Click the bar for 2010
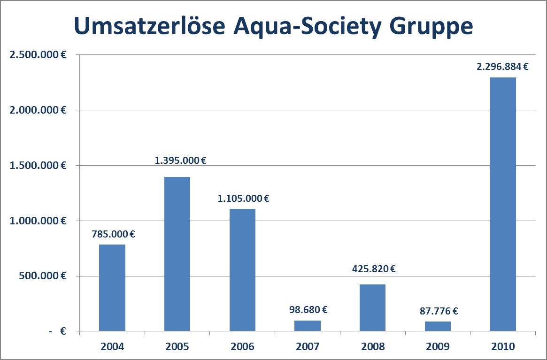(502, 205)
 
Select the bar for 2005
(177, 254)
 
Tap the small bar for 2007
(308, 326)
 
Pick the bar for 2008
(372, 308)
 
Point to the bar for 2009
(438, 327)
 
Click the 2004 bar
(112, 288)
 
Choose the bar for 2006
(242, 270)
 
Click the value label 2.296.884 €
(502, 67)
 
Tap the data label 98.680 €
(308, 310)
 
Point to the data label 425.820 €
(373, 269)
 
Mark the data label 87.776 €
(438, 311)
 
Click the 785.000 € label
(114, 234)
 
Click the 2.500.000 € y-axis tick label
(37, 54)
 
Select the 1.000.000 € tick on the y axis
(37, 221)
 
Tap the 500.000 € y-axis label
(42, 276)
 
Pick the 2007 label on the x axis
(308, 347)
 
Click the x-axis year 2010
(502, 347)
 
